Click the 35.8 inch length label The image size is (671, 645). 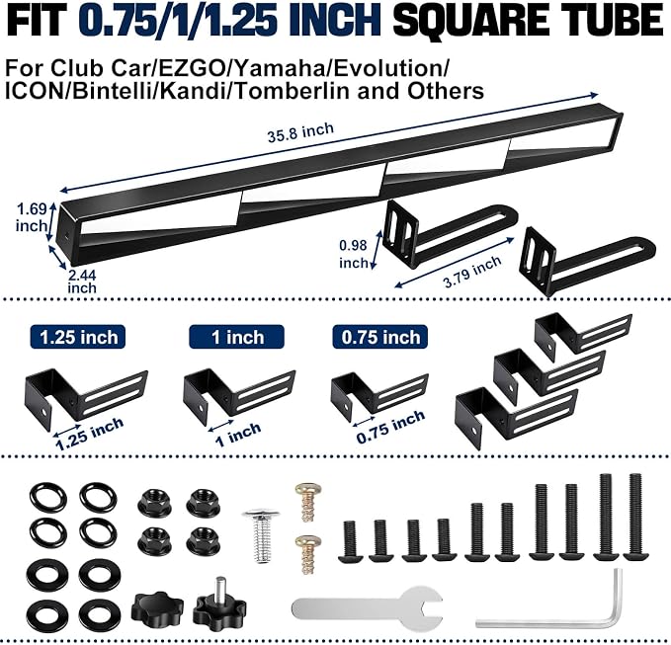click(300, 132)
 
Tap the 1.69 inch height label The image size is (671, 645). click(32, 217)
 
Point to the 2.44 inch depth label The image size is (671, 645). click(82, 281)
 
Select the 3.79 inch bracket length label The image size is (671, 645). click(472, 272)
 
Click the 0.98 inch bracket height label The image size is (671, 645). click(354, 254)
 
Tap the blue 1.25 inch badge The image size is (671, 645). click(78, 337)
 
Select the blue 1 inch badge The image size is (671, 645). click(236, 337)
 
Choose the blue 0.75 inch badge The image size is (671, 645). click(380, 337)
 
